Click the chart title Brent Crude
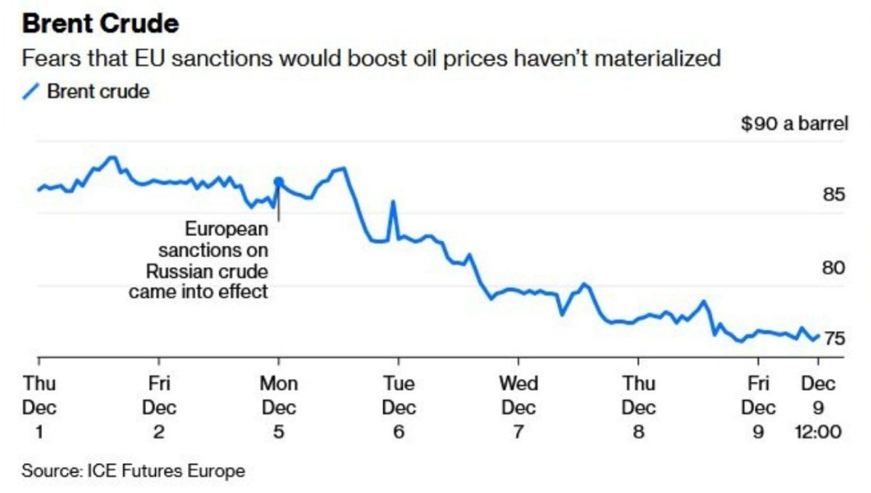point(100,24)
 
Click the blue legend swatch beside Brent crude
point(30,92)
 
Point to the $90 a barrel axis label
point(794,124)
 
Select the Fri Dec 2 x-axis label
point(159,407)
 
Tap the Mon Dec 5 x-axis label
point(279,407)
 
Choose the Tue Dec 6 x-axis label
point(398,407)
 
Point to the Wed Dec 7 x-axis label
point(518,407)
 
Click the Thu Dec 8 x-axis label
point(639,407)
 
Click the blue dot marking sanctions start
point(278,182)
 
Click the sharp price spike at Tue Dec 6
point(393,203)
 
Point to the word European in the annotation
point(226,229)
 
